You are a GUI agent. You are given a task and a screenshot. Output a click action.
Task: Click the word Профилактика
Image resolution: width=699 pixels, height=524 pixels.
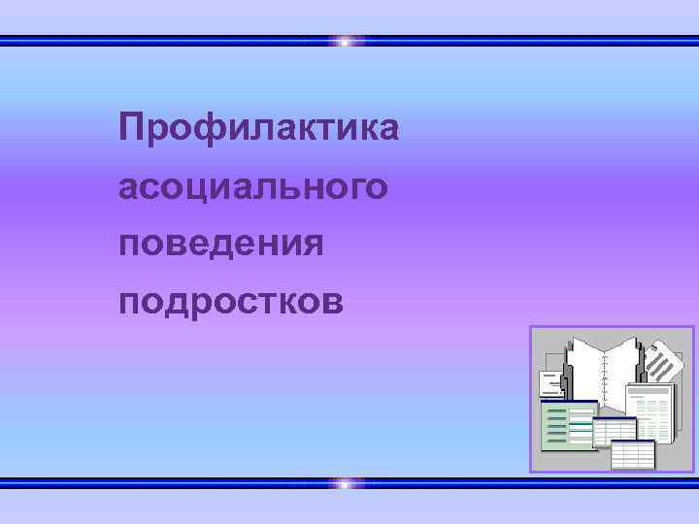pos(258,128)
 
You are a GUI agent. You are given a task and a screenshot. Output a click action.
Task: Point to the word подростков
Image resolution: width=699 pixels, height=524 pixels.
pos(231,302)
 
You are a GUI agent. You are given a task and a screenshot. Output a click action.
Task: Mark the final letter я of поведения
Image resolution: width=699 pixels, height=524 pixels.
pos(313,246)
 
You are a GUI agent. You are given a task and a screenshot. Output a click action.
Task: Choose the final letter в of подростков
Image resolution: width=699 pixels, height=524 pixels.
pos(332,303)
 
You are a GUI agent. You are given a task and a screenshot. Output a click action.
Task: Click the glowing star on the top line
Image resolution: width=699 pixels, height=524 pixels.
pos(347,42)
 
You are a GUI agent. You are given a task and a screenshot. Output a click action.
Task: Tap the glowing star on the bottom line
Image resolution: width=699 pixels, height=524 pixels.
pos(347,482)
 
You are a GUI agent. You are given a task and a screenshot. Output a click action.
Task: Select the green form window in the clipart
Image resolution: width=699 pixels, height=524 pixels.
pos(567,425)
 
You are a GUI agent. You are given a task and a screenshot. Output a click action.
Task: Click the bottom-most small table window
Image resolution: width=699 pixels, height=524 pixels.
pos(632,454)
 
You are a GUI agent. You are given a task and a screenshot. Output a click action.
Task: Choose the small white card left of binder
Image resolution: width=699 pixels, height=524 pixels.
pos(551,382)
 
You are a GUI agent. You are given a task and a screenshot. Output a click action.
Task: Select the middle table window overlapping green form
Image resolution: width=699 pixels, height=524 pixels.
pos(614,431)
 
